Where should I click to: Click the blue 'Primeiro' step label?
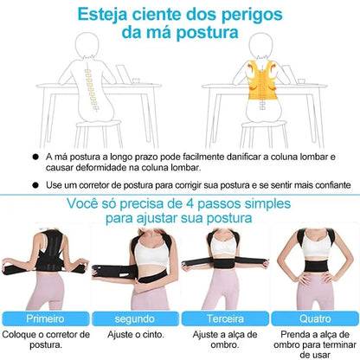pos(43,318)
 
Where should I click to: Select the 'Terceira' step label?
pos(223,318)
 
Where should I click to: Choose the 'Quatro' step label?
pos(313,318)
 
